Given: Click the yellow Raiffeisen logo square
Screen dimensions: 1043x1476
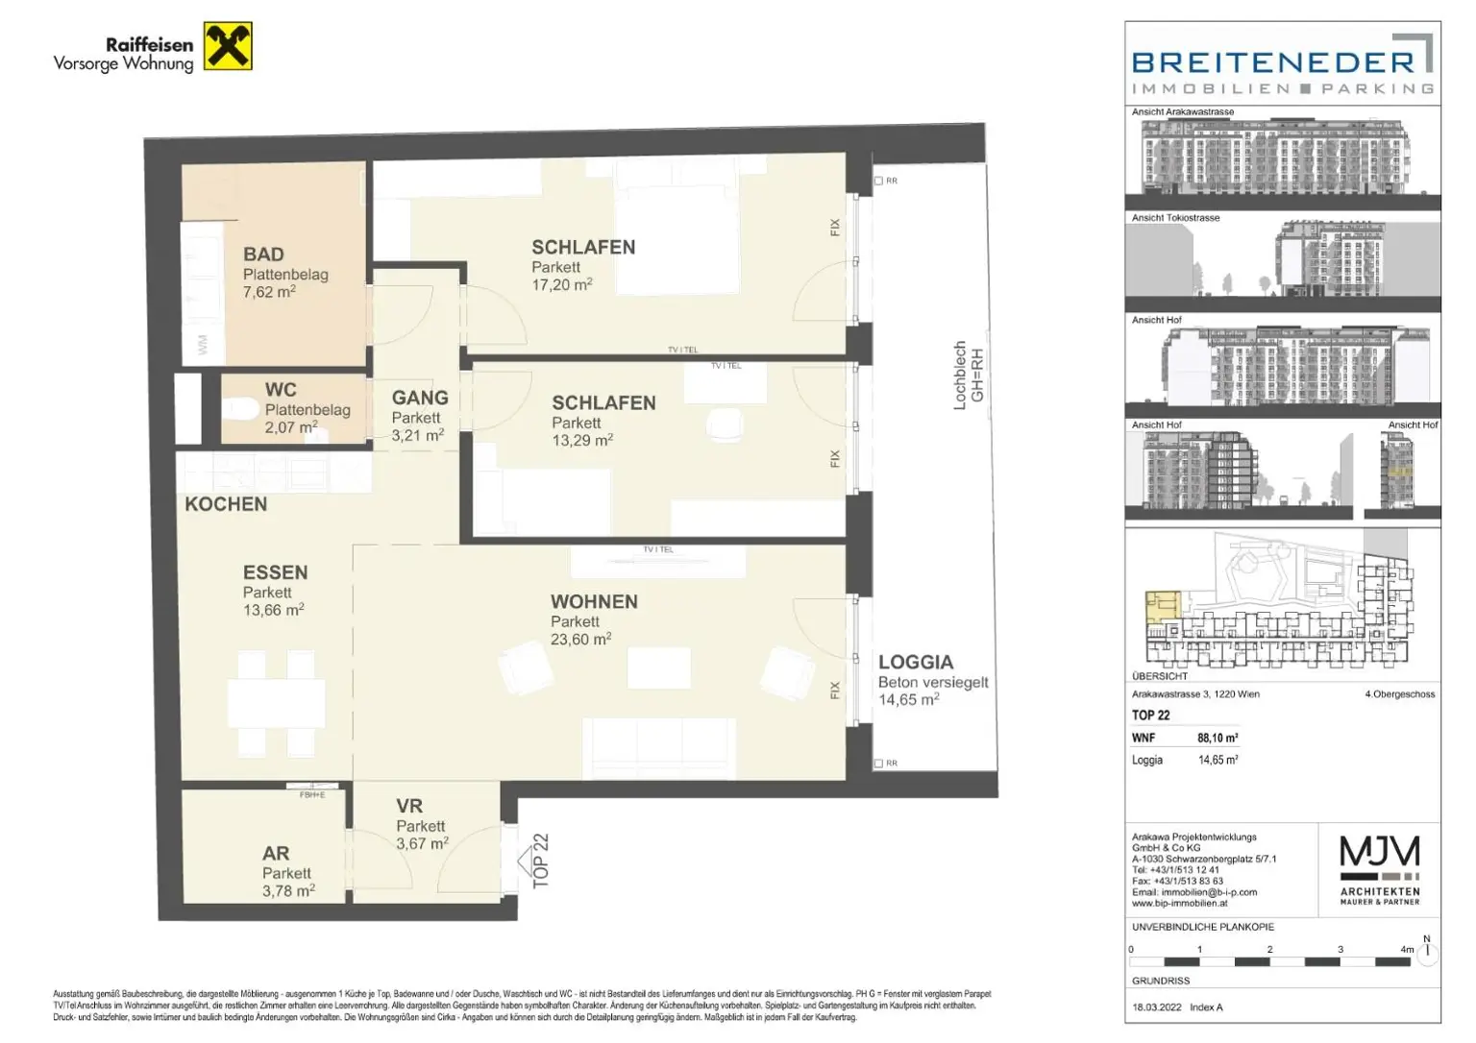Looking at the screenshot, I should pyautogui.click(x=229, y=46).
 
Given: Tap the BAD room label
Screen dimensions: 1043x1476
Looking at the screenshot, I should pyautogui.click(x=263, y=255).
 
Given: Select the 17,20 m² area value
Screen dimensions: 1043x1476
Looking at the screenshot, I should pyautogui.click(x=561, y=285).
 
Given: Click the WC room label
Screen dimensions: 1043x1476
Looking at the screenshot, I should pyautogui.click(x=281, y=390).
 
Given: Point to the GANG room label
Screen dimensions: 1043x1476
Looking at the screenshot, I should pyautogui.click(x=420, y=398).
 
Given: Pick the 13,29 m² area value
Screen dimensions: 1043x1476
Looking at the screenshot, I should pyautogui.click(x=581, y=441).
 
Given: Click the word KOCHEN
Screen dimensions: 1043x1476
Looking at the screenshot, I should pyautogui.click(x=226, y=504).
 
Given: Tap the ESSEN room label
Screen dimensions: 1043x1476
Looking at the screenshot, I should pyautogui.click(x=275, y=572).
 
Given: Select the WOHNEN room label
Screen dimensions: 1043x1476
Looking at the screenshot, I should pyautogui.click(x=594, y=602).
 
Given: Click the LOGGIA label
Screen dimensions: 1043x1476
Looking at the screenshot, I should pyautogui.click(x=916, y=663).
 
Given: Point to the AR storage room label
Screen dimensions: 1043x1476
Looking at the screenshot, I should pyautogui.click(x=276, y=854).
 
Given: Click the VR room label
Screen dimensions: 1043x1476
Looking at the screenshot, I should pyautogui.click(x=409, y=807).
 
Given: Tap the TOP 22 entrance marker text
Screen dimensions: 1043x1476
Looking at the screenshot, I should pyautogui.click(x=541, y=860).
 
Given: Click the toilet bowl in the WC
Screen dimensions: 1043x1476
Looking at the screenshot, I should pyautogui.click(x=239, y=409).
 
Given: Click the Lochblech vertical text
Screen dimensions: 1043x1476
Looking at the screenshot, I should pyautogui.click(x=959, y=376).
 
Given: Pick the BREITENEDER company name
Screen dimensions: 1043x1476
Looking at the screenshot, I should pyautogui.click(x=1273, y=63).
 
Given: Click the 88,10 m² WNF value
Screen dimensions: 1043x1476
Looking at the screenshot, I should pyautogui.click(x=1218, y=739).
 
